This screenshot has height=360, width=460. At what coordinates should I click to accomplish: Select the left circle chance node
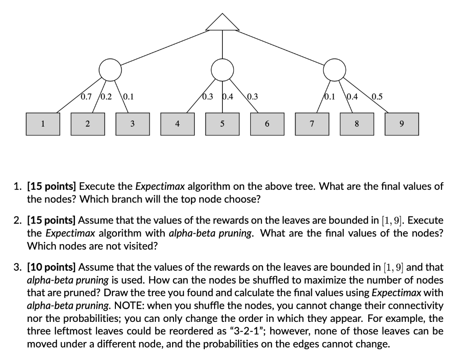110,70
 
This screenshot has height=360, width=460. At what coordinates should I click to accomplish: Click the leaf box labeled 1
43,123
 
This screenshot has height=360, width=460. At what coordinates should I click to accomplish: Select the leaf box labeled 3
133,123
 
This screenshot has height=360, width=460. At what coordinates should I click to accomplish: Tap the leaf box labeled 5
222,123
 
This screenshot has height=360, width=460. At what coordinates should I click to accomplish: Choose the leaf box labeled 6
267,123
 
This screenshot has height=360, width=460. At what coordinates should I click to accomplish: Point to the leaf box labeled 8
357,123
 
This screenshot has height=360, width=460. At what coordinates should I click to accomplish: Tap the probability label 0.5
377,96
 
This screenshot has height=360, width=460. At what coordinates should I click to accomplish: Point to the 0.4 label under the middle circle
228,96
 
